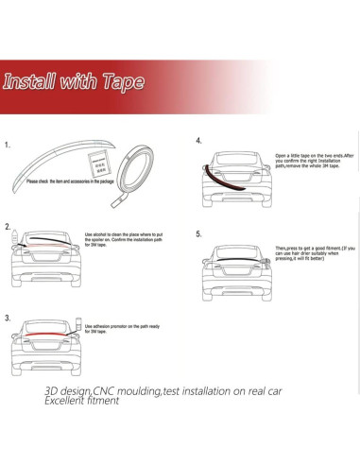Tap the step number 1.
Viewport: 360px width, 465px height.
[8, 146]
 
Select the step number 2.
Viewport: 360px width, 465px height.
[8, 228]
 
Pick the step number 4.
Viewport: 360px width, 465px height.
[198, 141]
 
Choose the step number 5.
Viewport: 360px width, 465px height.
[198, 232]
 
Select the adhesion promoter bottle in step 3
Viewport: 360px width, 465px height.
[77, 323]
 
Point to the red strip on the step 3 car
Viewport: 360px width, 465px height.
[40, 335]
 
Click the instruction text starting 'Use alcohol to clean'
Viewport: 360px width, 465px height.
[123, 241]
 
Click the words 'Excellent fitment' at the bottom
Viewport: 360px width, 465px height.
[81, 401]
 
